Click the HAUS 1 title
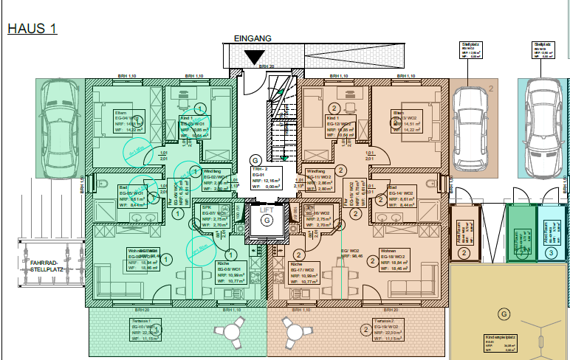32,30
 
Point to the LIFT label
267,210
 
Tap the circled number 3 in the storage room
551,252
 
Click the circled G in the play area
504,314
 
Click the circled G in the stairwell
255,159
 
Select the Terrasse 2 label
383,322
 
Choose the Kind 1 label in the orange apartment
333,118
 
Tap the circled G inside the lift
267,220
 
